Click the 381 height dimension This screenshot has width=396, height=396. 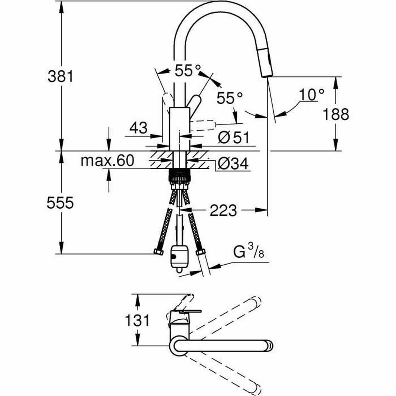[x=60, y=77]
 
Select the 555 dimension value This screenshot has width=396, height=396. [x=60, y=203]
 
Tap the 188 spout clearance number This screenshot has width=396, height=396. [x=335, y=115]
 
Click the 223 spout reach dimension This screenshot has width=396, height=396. [x=223, y=210]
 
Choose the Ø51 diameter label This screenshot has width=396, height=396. [x=234, y=138]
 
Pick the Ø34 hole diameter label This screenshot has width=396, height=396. [x=233, y=163]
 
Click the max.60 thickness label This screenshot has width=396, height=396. [x=108, y=161]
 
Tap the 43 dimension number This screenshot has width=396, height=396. [x=138, y=128]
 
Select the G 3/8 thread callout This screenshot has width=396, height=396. [x=249, y=253]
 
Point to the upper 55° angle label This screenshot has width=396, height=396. [x=187, y=71]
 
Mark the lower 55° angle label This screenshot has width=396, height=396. [x=230, y=98]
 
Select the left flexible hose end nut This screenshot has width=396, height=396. [x=159, y=252]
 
